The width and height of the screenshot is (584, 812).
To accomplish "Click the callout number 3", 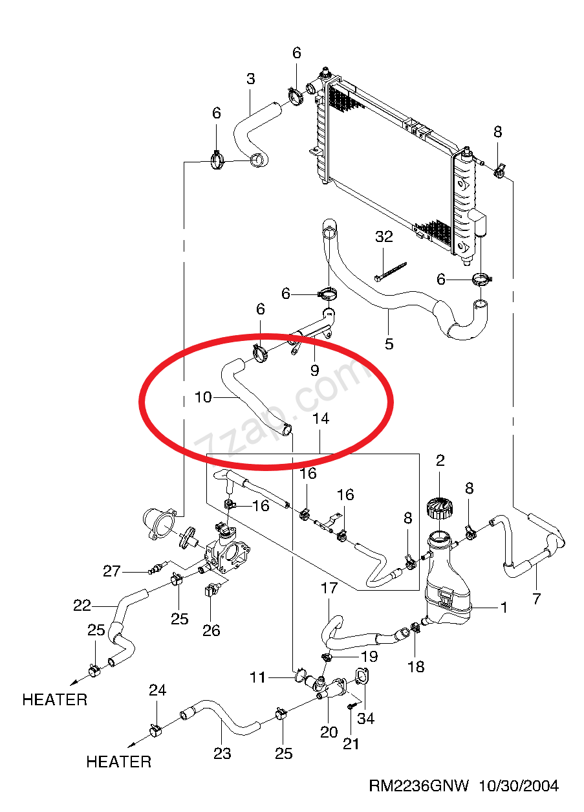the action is (251, 79).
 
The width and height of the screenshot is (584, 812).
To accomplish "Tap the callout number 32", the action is (384, 237).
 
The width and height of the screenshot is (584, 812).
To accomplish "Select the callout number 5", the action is (389, 344).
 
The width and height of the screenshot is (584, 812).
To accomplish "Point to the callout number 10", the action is (203, 397).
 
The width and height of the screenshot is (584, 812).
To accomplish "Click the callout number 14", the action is (321, 419).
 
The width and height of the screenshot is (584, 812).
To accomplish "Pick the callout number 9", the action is (314, 370).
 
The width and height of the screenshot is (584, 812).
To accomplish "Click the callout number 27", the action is (112, 571).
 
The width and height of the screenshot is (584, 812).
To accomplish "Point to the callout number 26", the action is (211, 631).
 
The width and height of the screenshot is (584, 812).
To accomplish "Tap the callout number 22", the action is (82, 606).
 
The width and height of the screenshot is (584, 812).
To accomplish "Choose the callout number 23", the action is (222, 754).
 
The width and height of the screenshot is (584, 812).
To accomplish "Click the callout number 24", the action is (158, 690).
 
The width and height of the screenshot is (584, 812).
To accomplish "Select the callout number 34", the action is (365, 718).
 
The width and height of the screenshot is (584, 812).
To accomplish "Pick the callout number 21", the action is (351, 744).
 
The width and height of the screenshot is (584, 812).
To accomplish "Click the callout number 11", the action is (257, 677).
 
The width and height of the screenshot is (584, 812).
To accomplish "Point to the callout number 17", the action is (329, 588).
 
